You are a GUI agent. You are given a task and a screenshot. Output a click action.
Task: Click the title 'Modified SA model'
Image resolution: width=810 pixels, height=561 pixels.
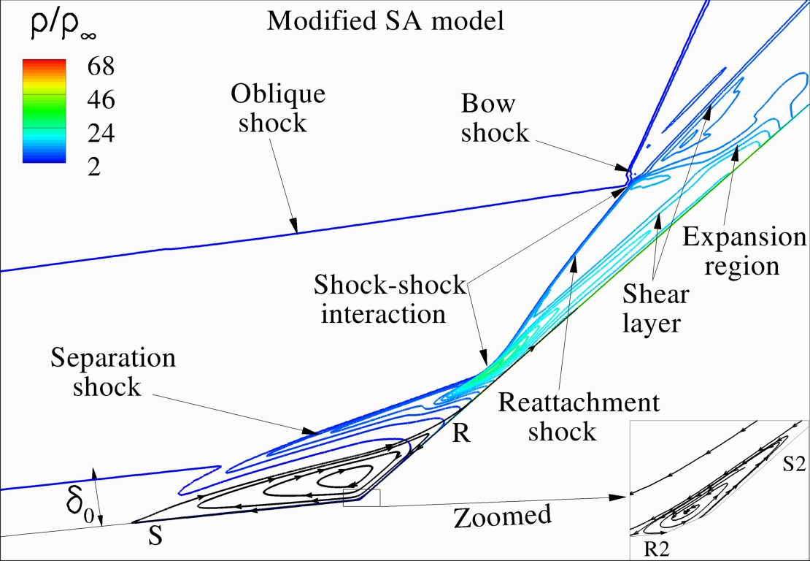point(386,20)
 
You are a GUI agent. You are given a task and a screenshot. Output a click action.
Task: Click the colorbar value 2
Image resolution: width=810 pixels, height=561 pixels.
point(93,167)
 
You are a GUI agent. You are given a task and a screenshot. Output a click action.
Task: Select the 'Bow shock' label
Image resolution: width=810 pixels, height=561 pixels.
point(495,118)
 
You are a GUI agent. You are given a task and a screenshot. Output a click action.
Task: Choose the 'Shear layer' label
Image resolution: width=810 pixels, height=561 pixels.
point(655,308)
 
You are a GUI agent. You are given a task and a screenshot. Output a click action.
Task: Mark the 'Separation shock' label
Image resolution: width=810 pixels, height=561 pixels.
point(113,372)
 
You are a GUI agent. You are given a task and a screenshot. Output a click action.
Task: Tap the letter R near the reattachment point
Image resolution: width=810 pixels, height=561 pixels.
point(460,435)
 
